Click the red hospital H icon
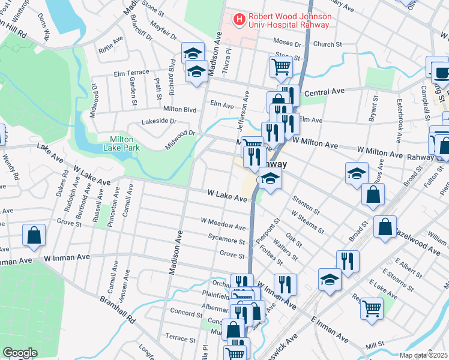click(x=240, y=20)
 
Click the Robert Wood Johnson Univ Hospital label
click(x=289, y=20)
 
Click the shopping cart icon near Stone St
click(x=281, y=66)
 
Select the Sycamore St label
click(x=226, y=241)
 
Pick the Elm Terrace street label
click(x=131, y=73)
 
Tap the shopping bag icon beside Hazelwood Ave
click(x=384, y=227)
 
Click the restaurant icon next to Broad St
click(x=348, y=260)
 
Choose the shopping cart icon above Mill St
click(x=372, y=308)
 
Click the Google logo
click(x=20, y=353)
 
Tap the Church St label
click(x=327, y=44)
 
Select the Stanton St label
click(x=306, y=203)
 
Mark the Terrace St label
click(x=177, y=338)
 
